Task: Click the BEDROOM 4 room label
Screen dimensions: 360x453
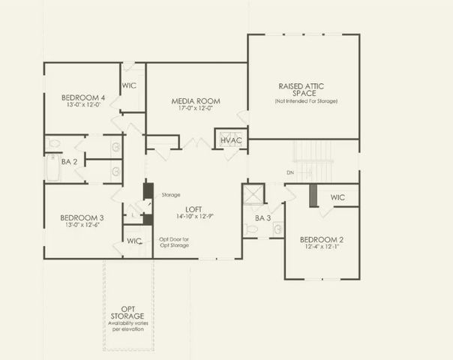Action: tap(83, 97)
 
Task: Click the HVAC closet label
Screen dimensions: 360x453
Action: tap(231, 139)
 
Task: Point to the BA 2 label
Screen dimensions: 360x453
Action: tap(70, 161)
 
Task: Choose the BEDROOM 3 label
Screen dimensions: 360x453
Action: tap(82, 218)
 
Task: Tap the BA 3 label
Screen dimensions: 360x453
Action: tap(262, 218)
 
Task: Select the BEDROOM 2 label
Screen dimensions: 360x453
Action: tap(322, 240)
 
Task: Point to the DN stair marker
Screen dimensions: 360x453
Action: tap(290, 172)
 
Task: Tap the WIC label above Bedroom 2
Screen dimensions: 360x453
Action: tap(337, 197)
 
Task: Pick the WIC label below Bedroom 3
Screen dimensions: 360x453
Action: tap(134, 241)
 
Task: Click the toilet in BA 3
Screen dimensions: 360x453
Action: tap(250, 228)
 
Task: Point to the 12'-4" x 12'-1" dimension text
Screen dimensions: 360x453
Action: tap(322, 248)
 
